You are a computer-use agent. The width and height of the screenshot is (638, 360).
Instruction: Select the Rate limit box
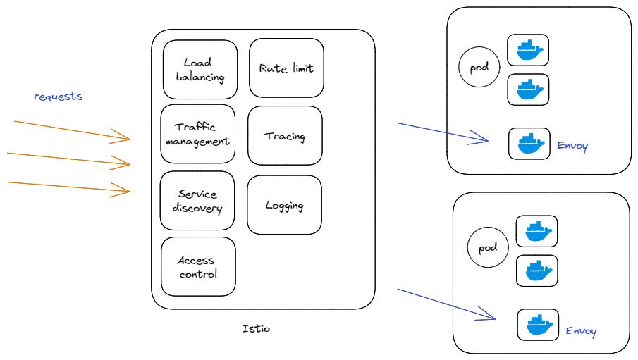pos(286,68)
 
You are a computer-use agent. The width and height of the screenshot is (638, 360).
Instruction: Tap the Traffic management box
pos(197,134)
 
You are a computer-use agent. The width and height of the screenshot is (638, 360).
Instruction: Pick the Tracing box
pos(285,136)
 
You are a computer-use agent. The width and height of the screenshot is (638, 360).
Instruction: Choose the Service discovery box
pos(197,201)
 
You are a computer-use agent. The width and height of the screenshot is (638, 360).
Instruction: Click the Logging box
pos(284,205)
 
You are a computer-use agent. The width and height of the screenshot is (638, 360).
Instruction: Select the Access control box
pos(198,267)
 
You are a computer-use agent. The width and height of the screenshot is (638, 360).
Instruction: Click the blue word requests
pos(59,96)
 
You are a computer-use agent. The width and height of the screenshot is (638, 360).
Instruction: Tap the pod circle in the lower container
pos(488,248)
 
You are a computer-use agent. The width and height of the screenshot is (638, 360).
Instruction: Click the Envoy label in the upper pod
pos(572,147)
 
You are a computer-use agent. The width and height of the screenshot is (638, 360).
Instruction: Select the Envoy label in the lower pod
pos(581,330)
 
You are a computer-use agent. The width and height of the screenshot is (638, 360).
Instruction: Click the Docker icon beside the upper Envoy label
pos(529,144)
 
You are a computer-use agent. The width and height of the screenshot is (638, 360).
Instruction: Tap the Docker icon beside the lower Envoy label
pos(538,325)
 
